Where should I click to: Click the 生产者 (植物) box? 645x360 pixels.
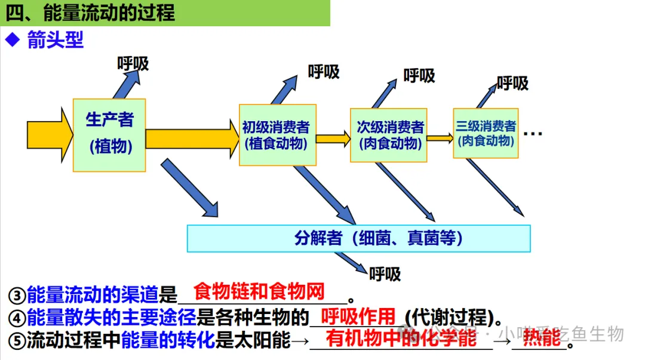point(109,135)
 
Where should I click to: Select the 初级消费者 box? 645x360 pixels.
point(278,135)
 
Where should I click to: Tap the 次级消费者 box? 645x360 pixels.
point(389,135)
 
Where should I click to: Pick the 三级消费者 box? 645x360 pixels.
point(486,133)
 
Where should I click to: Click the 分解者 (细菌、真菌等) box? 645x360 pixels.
point(358,238)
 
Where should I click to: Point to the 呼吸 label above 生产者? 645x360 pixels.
point(133,63)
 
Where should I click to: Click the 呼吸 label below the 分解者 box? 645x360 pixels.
point(385,274)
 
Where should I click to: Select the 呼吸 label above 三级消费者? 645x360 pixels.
point(512,83)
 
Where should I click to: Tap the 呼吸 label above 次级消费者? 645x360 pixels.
point(419,76)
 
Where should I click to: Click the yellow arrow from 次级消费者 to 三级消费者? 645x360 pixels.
point(440,139)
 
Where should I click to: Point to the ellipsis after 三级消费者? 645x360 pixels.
point(532,134)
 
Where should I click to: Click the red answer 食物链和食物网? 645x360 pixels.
point(259,292)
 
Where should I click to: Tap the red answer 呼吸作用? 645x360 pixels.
point(358,316)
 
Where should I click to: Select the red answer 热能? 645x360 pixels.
point(542,338)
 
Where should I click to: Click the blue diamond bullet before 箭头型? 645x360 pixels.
point(13,40)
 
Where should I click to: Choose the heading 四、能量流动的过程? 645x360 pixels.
point(90,13)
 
